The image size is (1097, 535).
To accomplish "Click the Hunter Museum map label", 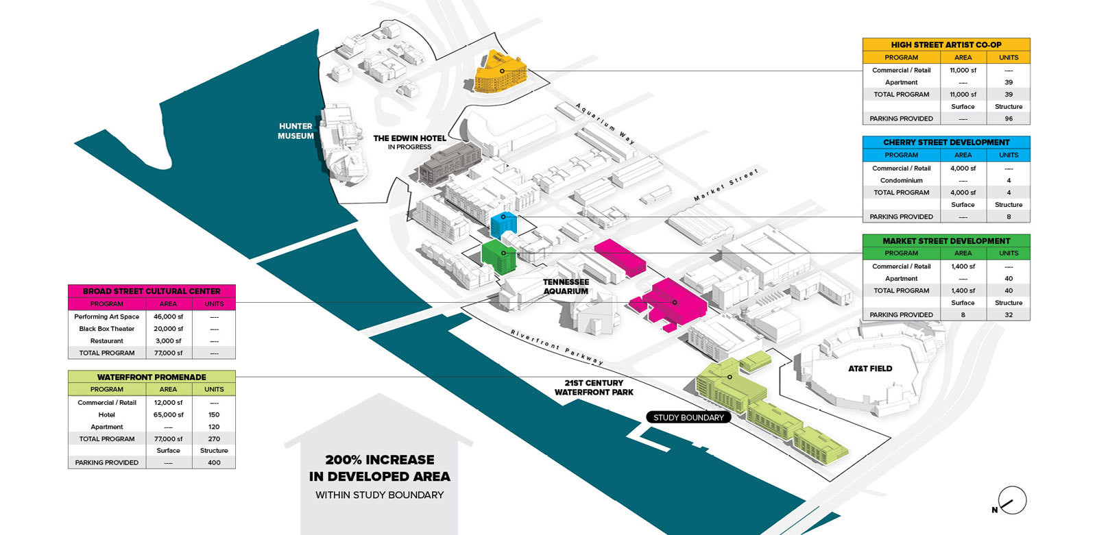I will pyautogui.click(x=296, y=131).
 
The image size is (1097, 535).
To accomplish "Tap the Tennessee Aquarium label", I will pyautogui.click(x=566, y=286).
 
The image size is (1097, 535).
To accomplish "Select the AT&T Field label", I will pyautogui.click(x=870, y=369).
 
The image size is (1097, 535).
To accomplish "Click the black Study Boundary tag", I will pyautogui.click(x=688, y=417).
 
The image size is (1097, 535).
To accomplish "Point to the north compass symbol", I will pyautogui.click(x=1011, y=501).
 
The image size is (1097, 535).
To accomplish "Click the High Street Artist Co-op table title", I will pyautogui.click(x=946, y=45).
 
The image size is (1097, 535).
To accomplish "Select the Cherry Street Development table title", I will pyautogui.click(x=946, y=142).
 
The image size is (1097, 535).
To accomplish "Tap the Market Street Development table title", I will pyautogui.click(x=946, y=241).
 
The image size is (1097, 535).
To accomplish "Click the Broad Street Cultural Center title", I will pyautogui.click(x=152, y=291).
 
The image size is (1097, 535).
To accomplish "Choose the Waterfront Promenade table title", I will pyautogui.click(x=152, y=377).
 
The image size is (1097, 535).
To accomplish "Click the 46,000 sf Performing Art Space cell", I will pyautogui.click(x=168, y=316).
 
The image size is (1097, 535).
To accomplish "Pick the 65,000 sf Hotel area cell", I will pyautogui.click(x=168, y=414).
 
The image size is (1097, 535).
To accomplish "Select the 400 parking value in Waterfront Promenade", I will pyautogui.click(x=214, y=462).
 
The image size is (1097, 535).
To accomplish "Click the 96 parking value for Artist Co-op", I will pyautogui.click(x=1009, y=119).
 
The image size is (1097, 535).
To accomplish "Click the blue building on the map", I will pyautogui.click(x=503, y=225).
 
